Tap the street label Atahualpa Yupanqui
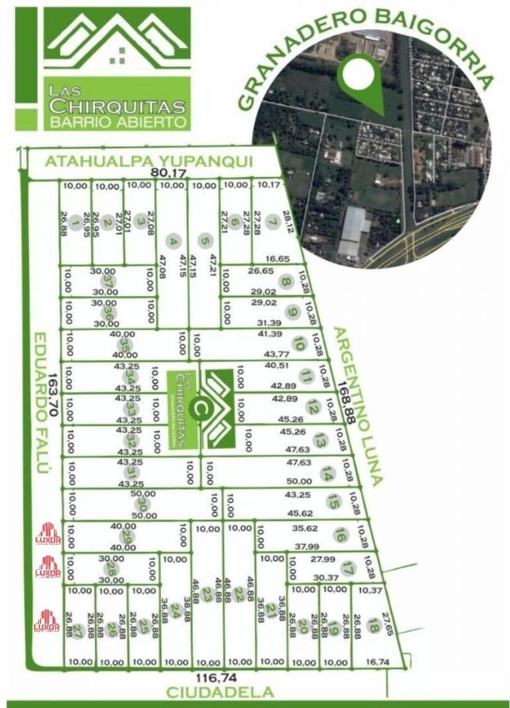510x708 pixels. [149, 162]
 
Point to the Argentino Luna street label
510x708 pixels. [358, 406]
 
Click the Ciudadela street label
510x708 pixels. [220, 692]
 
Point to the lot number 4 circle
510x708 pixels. [173, 242]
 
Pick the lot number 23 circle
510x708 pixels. [207, 595]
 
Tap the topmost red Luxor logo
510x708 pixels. [48, 533]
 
